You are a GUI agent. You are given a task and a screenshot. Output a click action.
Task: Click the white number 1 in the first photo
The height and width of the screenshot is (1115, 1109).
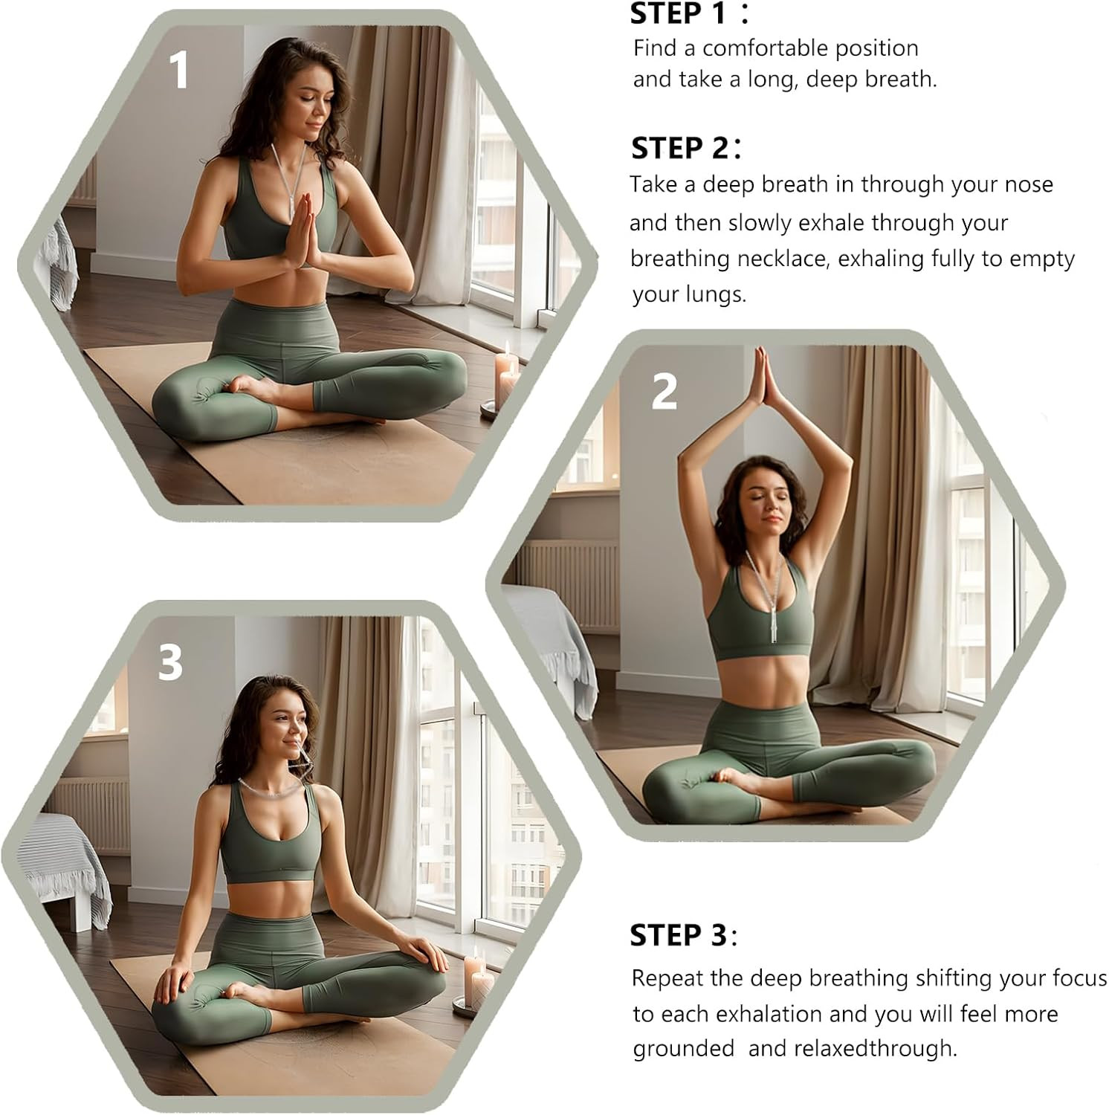[x=178, y=71]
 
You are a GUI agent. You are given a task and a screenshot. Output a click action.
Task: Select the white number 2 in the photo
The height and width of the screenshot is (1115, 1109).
[x=664, y=391]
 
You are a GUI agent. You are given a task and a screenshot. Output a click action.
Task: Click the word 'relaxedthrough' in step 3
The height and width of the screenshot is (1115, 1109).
[x=876, y=1049]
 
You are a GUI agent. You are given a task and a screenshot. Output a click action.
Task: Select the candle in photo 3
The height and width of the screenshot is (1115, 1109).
[x=474, y=981]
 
